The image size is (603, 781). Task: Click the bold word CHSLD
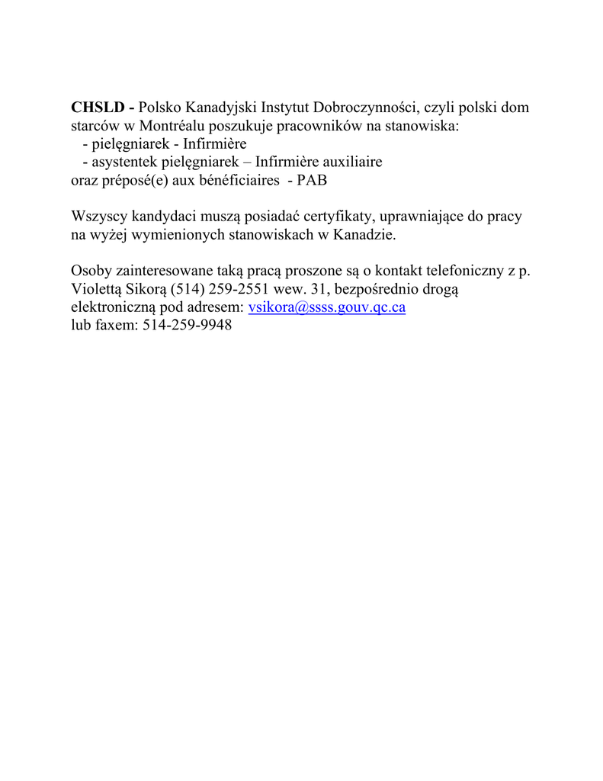[x=98, y=108]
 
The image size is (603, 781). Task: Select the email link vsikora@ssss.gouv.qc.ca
[x=327, y=307]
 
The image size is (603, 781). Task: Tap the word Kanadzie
[x=365, y=235]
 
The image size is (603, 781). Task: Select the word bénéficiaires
[x=238, y=181]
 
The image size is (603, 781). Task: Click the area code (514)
[x=188, y=290]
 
